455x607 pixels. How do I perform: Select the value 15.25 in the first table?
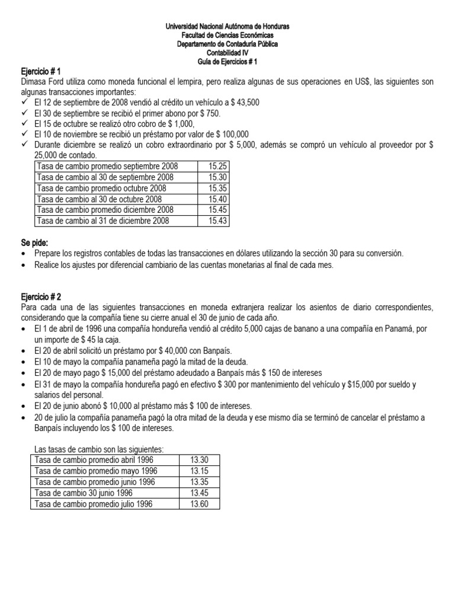click(217, 167)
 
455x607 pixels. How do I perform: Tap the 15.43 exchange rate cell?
click(217, 221)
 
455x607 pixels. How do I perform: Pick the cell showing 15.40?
click(217, 199)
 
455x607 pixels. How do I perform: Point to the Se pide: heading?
click(36, 243)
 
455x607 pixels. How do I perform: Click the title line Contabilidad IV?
click(227, 53)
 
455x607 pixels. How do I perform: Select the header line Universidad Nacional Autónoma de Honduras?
click(227, 27)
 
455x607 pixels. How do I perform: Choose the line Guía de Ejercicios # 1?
click(227, 62)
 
